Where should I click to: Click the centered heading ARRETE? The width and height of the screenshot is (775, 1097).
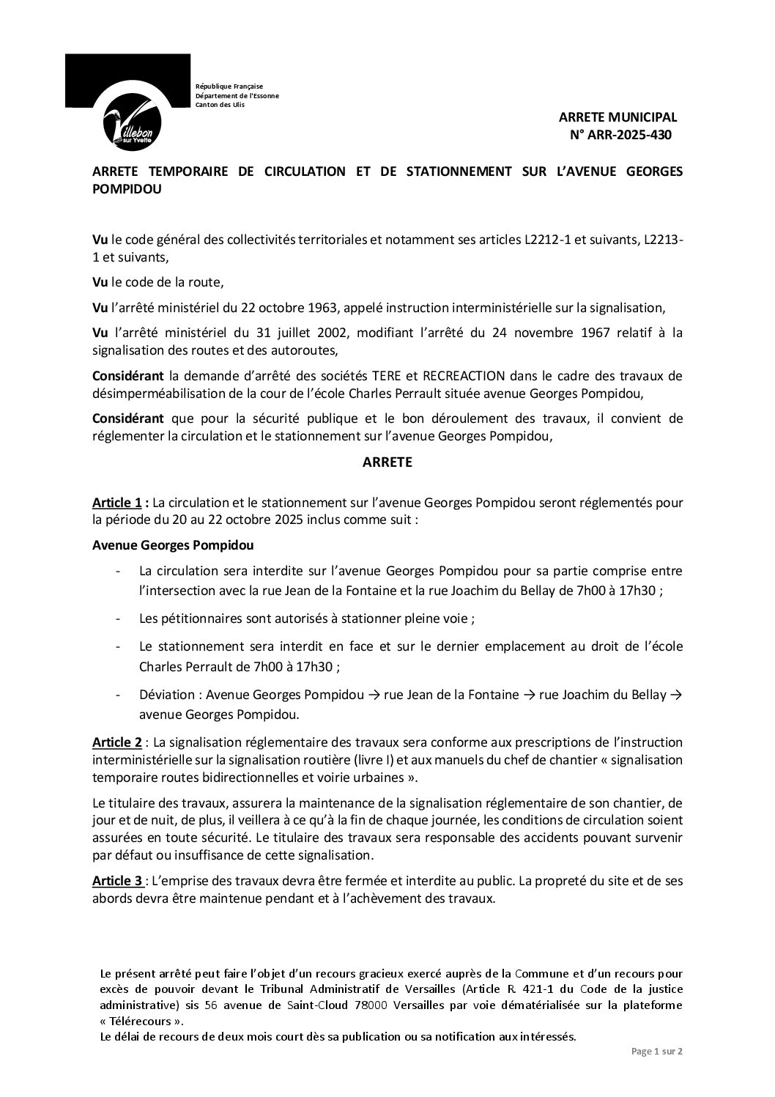pos(387,462)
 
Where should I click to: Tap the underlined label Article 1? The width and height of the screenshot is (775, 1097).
pos(117,503)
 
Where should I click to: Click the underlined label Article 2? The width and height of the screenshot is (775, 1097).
pos(117,742)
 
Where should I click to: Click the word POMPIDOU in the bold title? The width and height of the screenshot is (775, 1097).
pos(127,189)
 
